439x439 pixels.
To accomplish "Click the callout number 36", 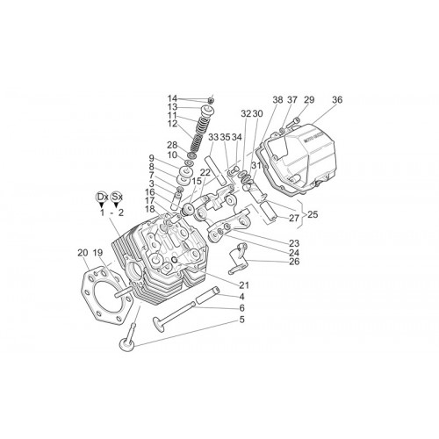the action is [337, 100].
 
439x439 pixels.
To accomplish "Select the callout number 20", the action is [83, 253].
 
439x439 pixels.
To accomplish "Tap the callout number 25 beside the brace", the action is [313, 214].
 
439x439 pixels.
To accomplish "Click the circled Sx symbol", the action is [117, 197].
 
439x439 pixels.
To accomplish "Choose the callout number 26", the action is [294, 262].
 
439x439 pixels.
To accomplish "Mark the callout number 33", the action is [213, 137].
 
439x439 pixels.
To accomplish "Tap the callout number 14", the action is [172, 98].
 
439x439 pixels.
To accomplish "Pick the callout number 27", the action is [294, 218].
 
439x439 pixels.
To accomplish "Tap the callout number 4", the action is [241, 297].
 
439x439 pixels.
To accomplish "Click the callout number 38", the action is [277, 100].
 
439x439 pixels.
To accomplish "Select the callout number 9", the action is [151, 159].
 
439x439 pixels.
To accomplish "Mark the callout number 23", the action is [294, 243].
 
